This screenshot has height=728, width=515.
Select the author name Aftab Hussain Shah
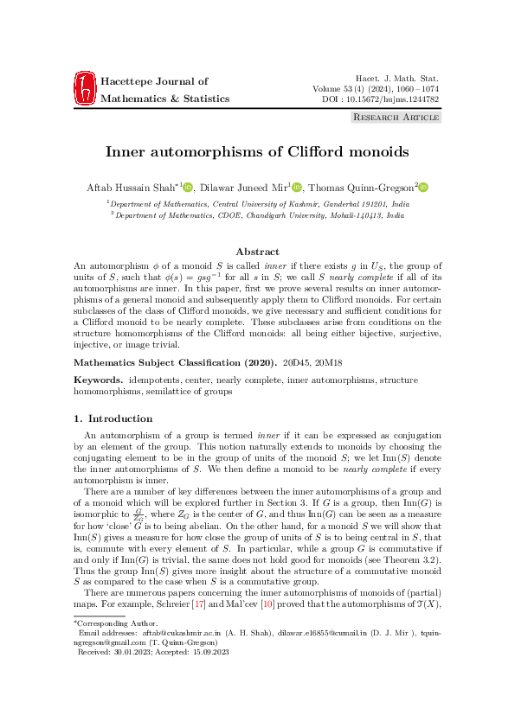pos(133,188)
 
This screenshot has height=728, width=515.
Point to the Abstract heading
pos(257,252)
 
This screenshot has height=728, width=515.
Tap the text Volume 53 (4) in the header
pos(338,88)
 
